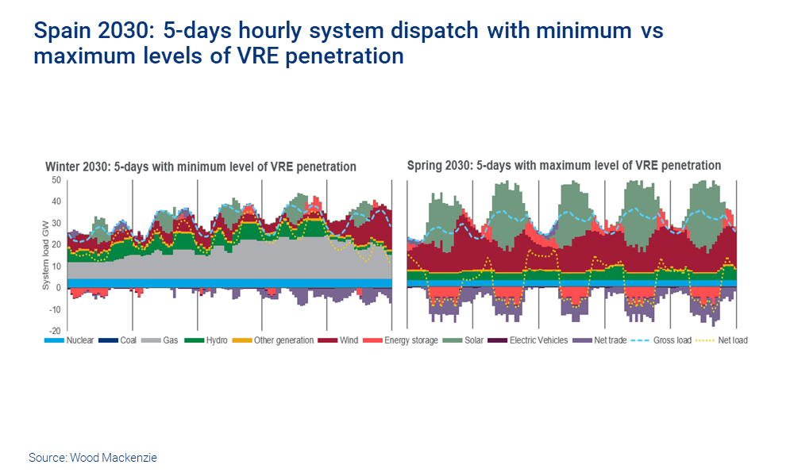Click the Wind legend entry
coord(348,340)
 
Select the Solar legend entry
coord(472,340)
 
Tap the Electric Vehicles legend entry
coord(538,340)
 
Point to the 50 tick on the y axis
coord(56,180)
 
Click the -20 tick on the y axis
coord(55,330)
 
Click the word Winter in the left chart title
coord(63,167)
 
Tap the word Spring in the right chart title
coord(425,166)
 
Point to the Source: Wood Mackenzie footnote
coord(93,458)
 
